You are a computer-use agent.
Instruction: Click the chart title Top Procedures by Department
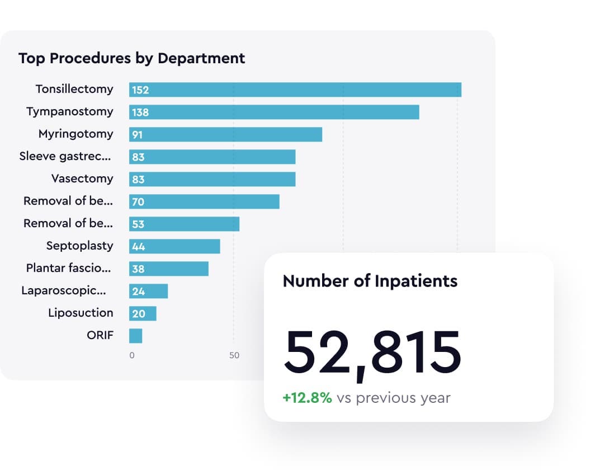coord(131,58)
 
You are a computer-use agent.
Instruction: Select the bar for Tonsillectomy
coord(295,90)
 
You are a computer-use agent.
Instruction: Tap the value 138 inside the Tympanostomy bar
coord(140,112)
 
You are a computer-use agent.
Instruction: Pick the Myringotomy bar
coord(225,134)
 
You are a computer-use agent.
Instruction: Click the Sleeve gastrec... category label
coord(65,156)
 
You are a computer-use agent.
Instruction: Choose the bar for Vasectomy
coord(212,179)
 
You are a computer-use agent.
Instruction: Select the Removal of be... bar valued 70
coord(204,201)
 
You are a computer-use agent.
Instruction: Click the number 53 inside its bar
coord(138,224)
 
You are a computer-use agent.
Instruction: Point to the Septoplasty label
coord(79,246)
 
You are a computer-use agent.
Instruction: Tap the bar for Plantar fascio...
coord(169,269)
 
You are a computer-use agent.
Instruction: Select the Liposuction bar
coord(143,313)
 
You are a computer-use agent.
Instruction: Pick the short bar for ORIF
coord(135,336)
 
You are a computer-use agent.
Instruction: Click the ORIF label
coord(100,335)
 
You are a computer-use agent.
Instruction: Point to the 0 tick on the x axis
coord(132,355)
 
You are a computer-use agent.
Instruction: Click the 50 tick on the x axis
coord(234,355)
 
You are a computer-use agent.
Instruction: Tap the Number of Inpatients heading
coord(370,281)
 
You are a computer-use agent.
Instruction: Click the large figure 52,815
coord(372,352)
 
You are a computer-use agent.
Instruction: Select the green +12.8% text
coord(307,398)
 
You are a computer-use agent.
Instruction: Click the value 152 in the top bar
coord(140,90)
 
